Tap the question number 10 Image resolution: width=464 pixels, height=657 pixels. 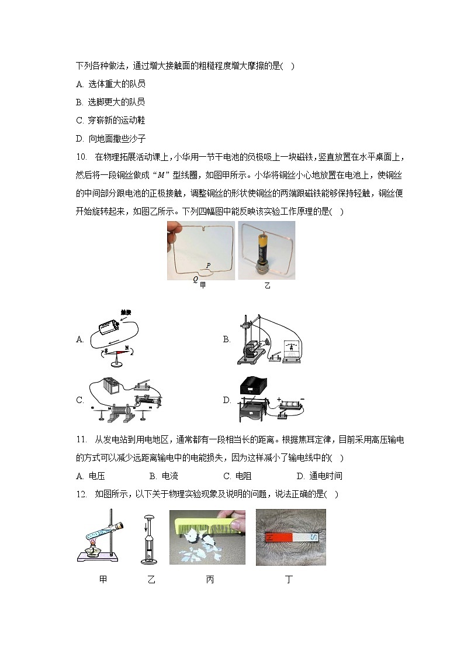pos(81,157)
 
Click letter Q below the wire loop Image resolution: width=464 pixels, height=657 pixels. pos(195,279)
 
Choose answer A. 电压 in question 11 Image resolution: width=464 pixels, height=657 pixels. pos(94,476)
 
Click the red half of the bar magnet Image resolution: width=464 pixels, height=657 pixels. pos(276,536)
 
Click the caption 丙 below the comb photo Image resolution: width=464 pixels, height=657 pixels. pos(210,580)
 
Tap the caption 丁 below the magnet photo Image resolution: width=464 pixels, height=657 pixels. pos(289,580)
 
